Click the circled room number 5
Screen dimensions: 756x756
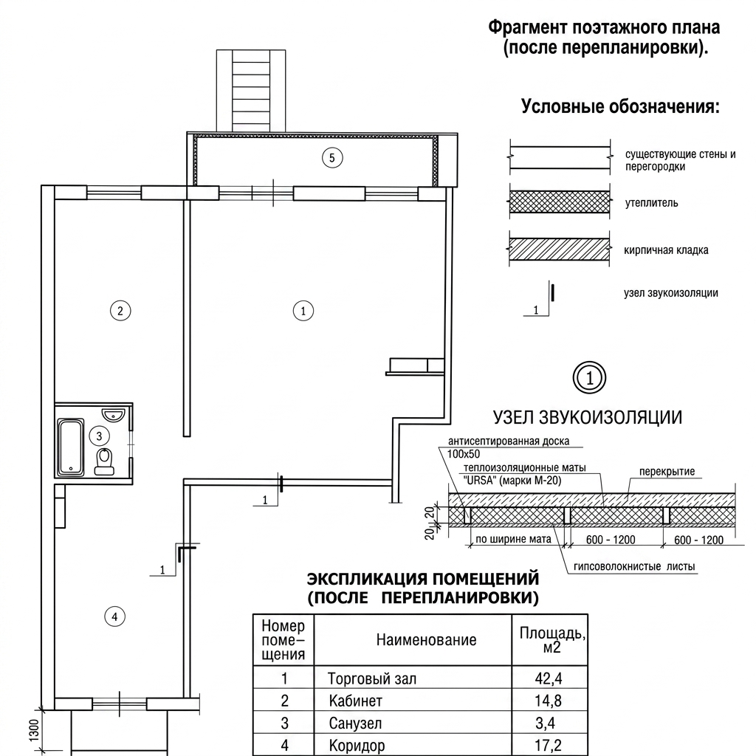click(x=332, y=158)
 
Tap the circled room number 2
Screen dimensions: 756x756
click(x=120, y=311)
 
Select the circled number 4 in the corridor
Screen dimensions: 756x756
click(x=114, y=616)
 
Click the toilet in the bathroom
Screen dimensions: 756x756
click(x=104, y=461)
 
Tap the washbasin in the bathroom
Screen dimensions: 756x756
click(x=113, y=415)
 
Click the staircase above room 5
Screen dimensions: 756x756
click(x=251, y=91)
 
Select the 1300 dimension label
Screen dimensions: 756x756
click(x=33, y=730)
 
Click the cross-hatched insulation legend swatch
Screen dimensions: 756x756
click(x=560, y=202)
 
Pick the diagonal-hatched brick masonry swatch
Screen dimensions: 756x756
click(x=560, y=249)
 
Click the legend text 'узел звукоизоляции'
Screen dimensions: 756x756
click(x=670, y=292)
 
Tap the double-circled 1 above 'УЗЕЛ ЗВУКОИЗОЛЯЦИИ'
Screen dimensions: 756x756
click(x=589, y=377)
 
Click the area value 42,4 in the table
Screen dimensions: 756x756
click(x=549, y=678)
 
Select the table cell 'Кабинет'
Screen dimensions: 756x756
click(x=355, y=701)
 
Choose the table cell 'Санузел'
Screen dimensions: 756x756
click(x=355, y=724)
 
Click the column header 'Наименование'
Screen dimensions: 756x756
click(x=426, y=640)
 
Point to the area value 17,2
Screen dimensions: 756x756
click(x=549, y=746)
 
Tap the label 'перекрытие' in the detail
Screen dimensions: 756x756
click(x=667, y=472)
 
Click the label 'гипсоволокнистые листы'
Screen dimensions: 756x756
click(x=634, y=566)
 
